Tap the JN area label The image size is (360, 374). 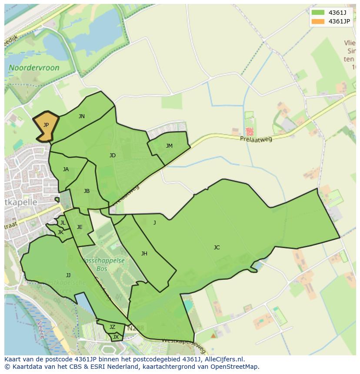[82, 116]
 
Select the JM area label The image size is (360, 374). [169, 146]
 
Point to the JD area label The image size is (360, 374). [113, 156]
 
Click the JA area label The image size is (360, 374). [66, 169]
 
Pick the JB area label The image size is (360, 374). [87, 191]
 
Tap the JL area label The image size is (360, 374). [63, 223]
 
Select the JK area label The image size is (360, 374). [60, 232]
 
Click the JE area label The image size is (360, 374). [80, 227]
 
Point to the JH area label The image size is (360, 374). [144, 254]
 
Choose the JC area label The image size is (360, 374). [217, 248]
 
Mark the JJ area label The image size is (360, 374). [68, 275]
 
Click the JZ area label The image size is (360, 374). [112, 327]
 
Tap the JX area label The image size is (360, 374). [116, 337]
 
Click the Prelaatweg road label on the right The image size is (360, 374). [256, 139]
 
